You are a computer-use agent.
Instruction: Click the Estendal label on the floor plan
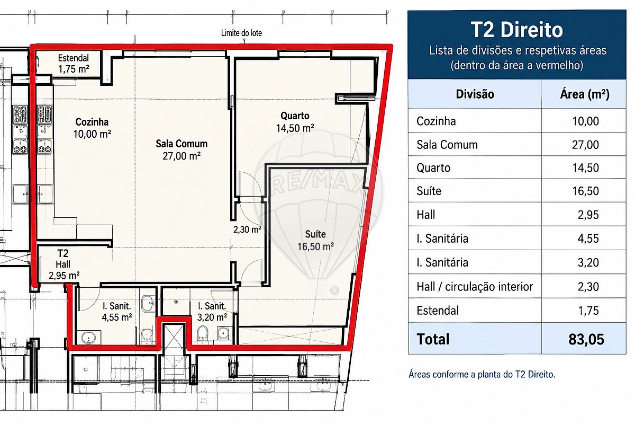point(74,64)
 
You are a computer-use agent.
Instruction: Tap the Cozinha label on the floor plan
point(92,128)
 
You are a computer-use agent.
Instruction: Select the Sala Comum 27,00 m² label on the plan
point(182,149)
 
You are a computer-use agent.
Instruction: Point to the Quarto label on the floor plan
point(295,122)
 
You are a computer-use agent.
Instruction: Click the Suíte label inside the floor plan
point(315,240)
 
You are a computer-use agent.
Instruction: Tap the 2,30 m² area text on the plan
point(247,229)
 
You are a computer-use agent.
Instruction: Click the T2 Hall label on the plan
point(64,264)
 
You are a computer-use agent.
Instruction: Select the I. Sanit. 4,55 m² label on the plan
point(117,312)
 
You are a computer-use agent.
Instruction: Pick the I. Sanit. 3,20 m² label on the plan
point(212,312)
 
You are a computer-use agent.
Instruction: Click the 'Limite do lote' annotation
point(241,33)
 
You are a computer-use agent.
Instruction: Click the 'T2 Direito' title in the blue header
point(517,30)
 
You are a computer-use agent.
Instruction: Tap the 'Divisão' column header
point(475,94)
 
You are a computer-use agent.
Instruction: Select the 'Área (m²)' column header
point(585,94)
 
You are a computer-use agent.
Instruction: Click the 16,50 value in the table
point(585,191)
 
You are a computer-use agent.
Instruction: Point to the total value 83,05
point(586,339)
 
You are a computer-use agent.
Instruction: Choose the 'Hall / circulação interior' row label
point(475,287)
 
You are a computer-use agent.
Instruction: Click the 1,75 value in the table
point(588,311)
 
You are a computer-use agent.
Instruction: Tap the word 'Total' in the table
point(433,339)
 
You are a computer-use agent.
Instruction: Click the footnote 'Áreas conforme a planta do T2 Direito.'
point(482,374)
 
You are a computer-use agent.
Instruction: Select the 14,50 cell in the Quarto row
point(585,168)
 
